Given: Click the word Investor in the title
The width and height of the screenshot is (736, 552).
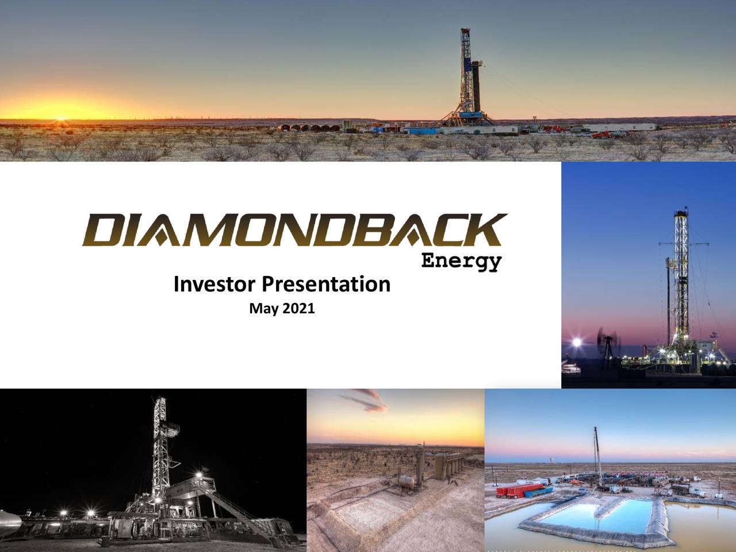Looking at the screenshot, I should [216, 284].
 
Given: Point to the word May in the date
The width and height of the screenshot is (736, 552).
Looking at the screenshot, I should [260, 310].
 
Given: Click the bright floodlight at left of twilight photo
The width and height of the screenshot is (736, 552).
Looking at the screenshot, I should [574, 343].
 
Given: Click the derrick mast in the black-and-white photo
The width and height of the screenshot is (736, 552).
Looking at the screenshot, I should [159, 443].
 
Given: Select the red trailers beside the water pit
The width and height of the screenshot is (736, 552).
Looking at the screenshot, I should [519, 490].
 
